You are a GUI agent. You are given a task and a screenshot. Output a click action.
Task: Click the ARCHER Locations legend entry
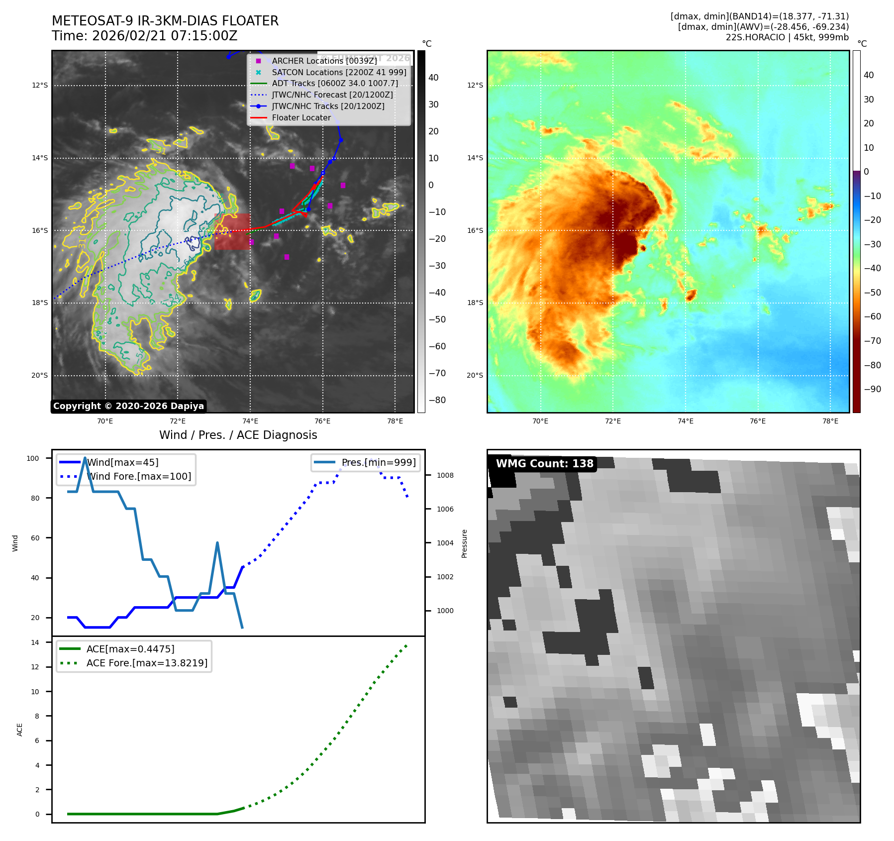324,61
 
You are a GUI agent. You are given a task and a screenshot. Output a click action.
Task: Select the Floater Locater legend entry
301,118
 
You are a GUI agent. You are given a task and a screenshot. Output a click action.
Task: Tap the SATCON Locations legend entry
339,73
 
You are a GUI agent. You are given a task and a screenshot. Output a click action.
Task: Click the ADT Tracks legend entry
335,84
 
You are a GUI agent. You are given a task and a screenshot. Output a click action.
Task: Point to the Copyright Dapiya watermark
128,406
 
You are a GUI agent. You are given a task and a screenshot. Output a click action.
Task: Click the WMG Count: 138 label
544,464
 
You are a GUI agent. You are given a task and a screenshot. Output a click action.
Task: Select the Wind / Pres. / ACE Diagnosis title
238,435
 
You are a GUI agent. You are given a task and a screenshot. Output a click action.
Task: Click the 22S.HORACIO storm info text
787,37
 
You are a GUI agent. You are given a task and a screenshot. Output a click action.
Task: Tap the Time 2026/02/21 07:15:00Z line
144,36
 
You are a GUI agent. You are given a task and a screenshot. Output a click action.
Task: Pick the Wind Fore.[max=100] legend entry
139,477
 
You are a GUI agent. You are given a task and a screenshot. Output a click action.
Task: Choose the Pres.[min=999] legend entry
379,463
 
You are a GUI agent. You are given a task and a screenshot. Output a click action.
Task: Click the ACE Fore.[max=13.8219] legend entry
147,663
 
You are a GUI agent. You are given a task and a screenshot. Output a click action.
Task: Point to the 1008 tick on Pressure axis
445,476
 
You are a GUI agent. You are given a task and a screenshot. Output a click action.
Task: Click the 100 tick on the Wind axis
33,458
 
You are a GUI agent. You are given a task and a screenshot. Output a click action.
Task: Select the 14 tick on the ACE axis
35,642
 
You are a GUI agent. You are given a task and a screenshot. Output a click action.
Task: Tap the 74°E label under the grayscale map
250,421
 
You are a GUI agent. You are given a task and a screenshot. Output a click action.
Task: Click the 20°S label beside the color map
475,376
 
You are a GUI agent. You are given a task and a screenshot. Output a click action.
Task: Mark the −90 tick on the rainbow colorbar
872,389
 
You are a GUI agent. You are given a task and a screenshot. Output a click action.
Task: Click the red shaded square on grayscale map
232,231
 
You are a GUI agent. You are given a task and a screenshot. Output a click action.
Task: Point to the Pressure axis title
464,543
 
